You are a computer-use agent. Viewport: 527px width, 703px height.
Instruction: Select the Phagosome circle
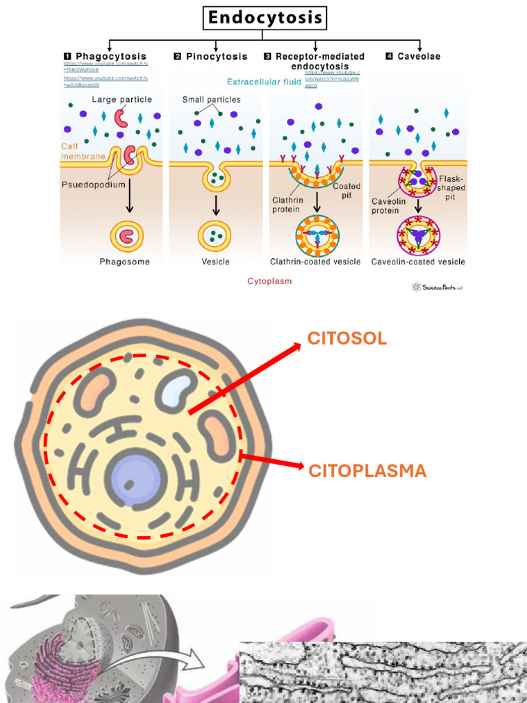pos(127,236)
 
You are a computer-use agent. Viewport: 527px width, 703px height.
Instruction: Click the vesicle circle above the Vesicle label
pos(215,235)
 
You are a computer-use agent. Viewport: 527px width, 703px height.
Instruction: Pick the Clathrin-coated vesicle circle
pos(317,235)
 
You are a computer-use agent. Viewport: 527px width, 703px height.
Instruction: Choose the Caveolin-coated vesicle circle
pos(418,235)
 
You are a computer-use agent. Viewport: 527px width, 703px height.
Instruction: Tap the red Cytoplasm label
pos(269,281)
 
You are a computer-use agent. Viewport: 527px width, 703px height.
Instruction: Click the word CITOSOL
pos(347,338)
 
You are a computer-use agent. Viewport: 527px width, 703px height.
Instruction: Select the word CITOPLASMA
pos(367,471)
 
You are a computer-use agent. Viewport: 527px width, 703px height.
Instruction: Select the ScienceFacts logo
pos(437,287)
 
